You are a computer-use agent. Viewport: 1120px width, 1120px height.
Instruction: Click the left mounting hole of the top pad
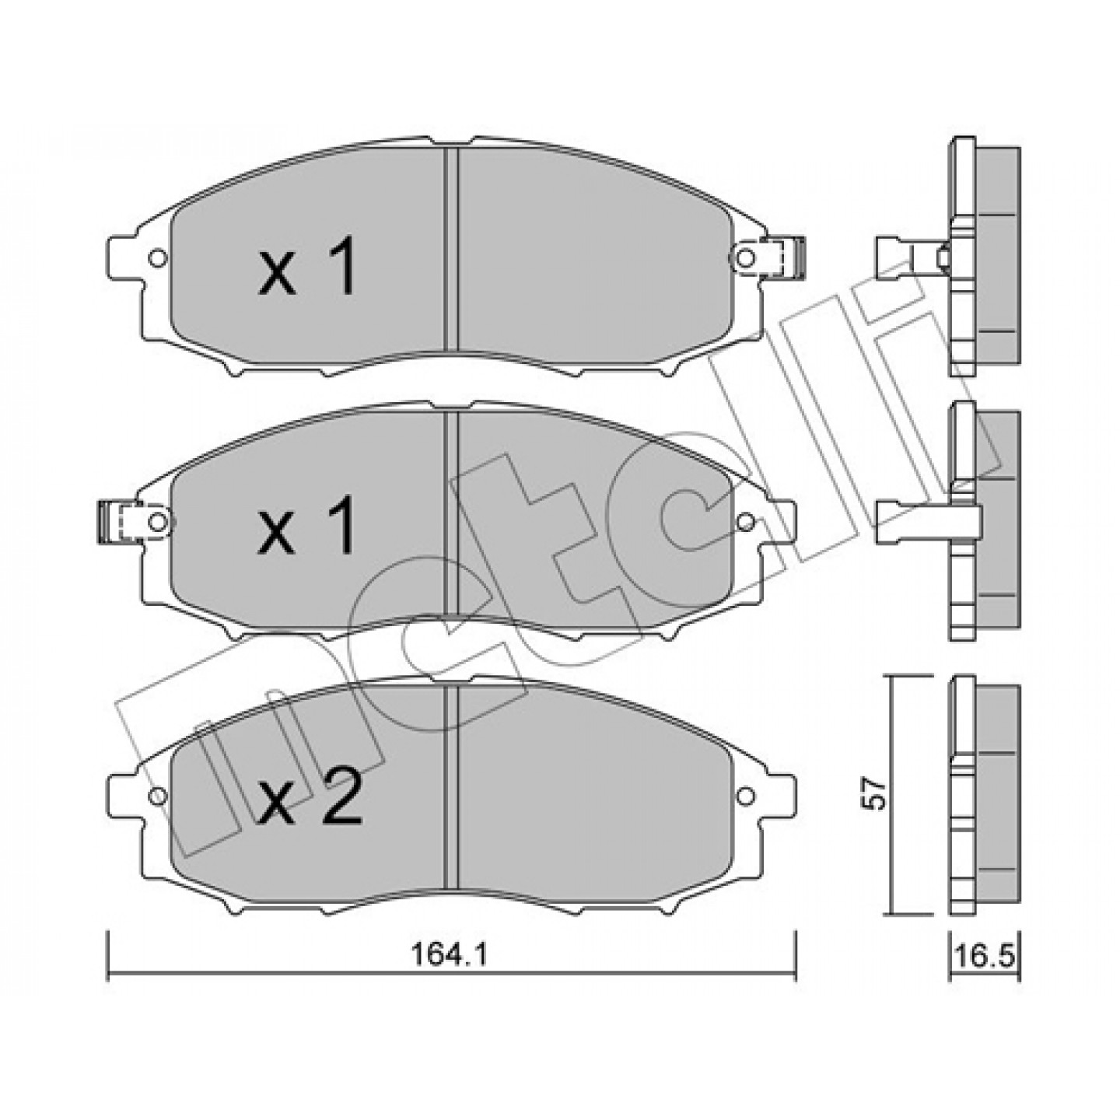pyautogui.click(x=157, y=257)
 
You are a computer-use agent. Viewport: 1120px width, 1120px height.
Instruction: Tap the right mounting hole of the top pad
pyautogui.click(x=746, y=257)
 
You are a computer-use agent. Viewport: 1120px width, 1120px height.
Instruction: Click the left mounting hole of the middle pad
pyautogui.click(x=156, y=522)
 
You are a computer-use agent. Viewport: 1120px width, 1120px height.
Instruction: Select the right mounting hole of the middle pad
pyautogui.click(x=746, y=522)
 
